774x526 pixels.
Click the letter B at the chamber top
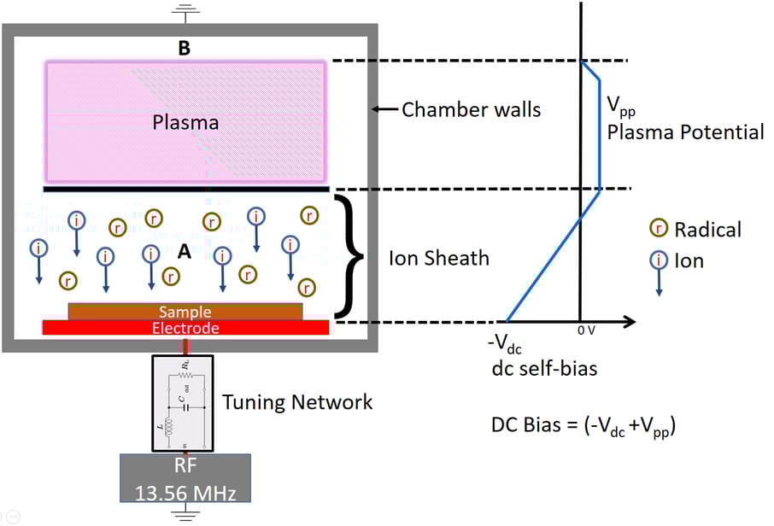point(184,49)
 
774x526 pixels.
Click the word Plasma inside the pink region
point(185,122)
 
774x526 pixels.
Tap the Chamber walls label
point(471,109)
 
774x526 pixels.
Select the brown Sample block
point(185,312)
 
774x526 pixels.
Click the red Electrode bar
point(185,328)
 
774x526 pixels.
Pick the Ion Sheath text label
point(438,258)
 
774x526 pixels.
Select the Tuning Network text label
point(296,401)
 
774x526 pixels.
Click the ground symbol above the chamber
point(184,12)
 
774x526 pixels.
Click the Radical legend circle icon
point(659,229)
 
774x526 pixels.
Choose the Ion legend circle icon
point(659,260)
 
